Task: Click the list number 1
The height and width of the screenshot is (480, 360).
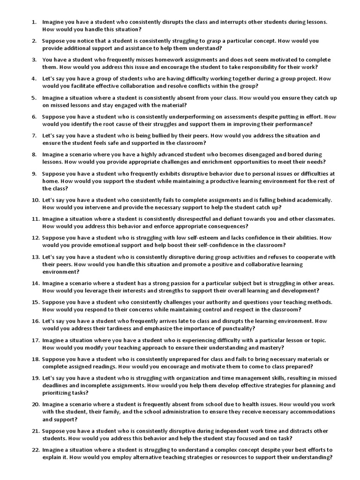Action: click(x=34, y=22)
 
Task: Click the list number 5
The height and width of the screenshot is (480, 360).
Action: click(x=34, y=98)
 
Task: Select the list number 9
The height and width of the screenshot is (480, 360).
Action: click(x=34, y=173)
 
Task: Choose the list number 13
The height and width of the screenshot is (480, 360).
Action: click(x=35, y=257)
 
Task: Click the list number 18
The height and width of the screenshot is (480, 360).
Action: click(x=35, y=359)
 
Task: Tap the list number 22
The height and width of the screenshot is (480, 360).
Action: click(x=35, y=450)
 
